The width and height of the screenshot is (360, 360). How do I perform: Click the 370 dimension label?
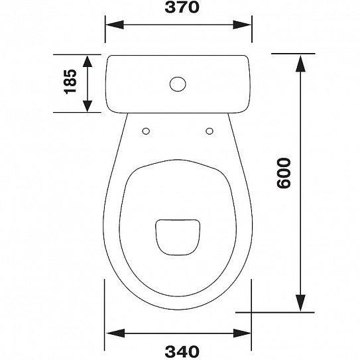[x=182, y=7]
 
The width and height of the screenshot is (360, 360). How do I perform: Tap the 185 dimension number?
[x=70, y=82]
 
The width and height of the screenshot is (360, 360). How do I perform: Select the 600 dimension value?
[x=284, y=173]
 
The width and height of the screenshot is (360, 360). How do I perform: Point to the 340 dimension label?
[x=182, y=351]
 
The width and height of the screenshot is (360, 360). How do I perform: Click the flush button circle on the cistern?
[x=178, y=84]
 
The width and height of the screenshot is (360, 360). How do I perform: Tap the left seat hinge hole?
[x=146, y=131]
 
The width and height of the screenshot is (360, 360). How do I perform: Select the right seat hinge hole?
[x=210, y=131]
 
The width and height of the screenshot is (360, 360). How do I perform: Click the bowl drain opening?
[x=178, y=237]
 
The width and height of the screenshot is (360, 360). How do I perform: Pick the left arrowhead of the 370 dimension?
[x=115, y=25]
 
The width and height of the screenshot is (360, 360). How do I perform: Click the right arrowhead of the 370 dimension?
[x=243, y=25]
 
